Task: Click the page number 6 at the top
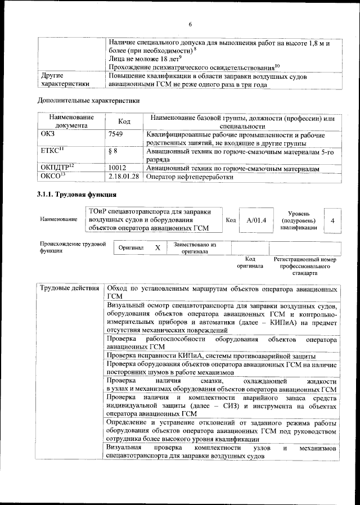190,24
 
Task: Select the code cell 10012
116,168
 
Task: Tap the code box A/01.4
256,220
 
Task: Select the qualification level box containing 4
332,220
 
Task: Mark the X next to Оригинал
157,247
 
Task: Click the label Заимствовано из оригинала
195,248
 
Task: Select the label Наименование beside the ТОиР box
58,219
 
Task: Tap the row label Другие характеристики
62,80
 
